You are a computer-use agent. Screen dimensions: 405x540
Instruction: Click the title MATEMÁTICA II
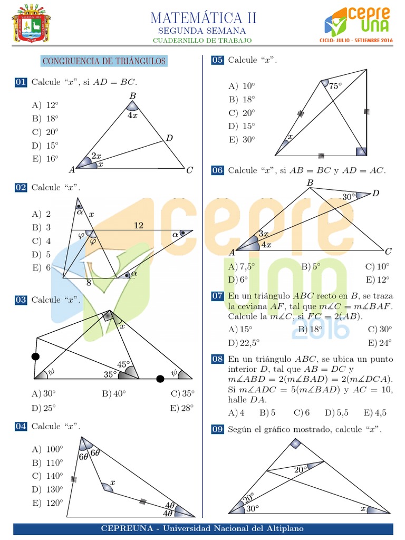204,17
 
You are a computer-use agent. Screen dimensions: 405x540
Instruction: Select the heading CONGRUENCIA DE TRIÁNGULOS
104,62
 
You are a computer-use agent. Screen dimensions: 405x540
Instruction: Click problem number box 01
21,82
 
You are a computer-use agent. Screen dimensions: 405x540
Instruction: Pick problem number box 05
217,60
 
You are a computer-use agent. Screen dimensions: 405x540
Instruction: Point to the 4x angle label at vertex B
132,115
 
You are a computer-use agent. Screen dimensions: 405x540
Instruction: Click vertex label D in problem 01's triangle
169,138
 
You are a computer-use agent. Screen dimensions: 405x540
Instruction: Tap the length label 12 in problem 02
138,225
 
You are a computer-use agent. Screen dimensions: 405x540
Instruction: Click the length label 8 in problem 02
89,283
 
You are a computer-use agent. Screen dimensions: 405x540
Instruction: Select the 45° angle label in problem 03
123,364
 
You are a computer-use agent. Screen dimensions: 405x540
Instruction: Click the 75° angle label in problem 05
335,85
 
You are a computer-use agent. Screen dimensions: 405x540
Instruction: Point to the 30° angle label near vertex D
349,197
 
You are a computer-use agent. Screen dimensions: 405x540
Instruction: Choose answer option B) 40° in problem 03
114,394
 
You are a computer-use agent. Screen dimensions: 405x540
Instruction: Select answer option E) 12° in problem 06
378,279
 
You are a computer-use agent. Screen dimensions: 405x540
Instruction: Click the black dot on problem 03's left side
35,357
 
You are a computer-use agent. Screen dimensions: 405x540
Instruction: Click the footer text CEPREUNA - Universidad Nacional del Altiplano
202,528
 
